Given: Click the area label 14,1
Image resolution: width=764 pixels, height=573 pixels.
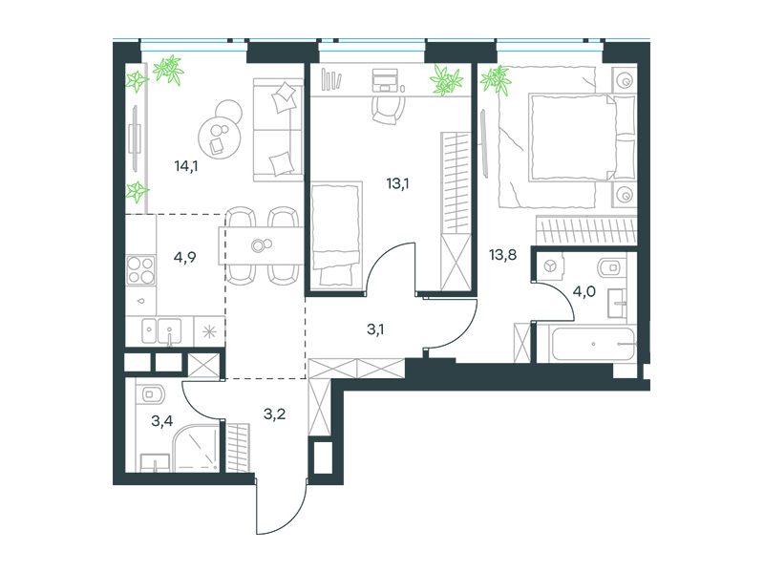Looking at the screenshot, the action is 186,166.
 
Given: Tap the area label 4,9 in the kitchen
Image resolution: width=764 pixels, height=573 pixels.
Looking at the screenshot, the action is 184,257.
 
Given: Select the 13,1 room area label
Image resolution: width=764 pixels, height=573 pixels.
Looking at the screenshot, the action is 397,183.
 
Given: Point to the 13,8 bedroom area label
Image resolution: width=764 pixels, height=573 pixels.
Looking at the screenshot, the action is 503,255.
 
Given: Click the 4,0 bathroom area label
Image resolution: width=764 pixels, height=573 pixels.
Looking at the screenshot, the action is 584,292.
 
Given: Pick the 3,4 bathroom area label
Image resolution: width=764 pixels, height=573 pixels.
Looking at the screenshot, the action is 161,420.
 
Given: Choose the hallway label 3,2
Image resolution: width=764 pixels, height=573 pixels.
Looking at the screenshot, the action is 274,414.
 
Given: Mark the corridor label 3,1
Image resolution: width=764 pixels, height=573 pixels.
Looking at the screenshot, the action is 375,329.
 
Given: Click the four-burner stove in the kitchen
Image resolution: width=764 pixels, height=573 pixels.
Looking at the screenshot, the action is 140,270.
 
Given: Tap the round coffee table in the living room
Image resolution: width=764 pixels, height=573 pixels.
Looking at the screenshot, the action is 220,137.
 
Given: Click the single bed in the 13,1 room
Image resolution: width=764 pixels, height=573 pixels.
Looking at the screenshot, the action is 336,235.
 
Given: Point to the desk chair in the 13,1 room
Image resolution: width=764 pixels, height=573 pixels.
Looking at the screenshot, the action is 389,110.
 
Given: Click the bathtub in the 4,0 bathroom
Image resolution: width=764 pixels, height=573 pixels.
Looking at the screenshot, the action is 593,344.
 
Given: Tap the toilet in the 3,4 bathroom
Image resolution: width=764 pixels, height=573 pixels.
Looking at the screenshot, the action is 152,393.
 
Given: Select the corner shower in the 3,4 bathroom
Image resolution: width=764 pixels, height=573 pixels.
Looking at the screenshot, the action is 196,448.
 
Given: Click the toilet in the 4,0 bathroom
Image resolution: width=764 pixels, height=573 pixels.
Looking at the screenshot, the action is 609,267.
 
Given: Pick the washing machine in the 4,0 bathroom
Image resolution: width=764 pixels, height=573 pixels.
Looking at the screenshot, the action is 550,266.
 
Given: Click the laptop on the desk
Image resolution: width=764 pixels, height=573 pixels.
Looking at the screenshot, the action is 385,80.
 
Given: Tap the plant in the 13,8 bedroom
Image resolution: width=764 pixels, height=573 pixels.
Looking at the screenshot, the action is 496,79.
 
